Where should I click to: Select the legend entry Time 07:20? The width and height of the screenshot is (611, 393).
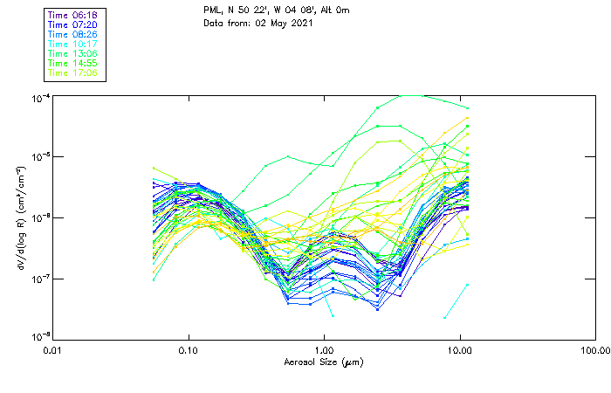click(x=73, y=25)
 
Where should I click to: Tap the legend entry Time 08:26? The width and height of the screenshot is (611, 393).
click(x=73, y=34)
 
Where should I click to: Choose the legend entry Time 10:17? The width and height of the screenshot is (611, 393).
click(x=73, y=44)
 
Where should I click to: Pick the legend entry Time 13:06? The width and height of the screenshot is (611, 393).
click(x=73, y=53)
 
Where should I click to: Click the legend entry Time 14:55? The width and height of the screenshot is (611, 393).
click(x=73, y=63)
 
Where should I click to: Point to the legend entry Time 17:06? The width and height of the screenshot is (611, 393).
click(x=73, y=72)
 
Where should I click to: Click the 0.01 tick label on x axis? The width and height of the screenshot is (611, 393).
click(x=53, y=351)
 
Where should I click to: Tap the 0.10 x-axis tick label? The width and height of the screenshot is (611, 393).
click(x=189, y=351)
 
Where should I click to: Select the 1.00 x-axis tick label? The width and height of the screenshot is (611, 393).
click(x=324, y=351)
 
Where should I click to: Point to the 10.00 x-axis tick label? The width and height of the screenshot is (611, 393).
click(x=459, y=351)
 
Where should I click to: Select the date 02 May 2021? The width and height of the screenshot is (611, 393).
click(x=280, y=24)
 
